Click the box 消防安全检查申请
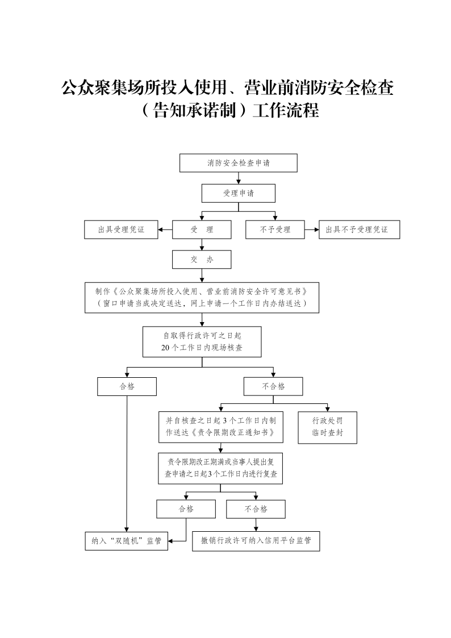[239, 163]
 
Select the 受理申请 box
[239, 193]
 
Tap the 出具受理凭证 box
[121, 230]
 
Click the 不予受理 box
[275, 230]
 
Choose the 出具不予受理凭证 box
[358, 230]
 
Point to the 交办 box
[202, 260]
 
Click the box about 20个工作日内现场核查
[202, 341]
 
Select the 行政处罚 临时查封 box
[327, 427]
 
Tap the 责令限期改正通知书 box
[220, 427]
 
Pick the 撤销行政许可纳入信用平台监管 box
[256, 541]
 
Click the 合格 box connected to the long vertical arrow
[127, 386]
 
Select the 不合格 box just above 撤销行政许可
[256, 508]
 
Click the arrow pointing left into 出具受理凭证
[165, 230]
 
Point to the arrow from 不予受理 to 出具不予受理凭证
[311, 230]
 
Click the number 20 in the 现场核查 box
[166, 348]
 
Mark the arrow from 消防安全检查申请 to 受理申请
[239, 178]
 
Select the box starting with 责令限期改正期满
[220, 468]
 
